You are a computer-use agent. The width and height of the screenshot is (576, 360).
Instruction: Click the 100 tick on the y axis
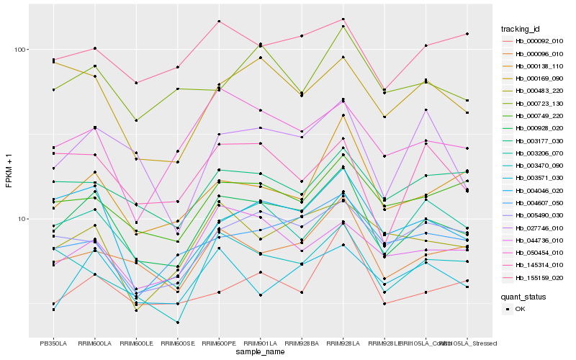pos(20,50)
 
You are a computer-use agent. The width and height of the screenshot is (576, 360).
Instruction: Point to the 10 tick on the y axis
pos(22,219)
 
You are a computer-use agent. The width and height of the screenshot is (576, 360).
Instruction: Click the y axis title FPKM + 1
pos(9,170)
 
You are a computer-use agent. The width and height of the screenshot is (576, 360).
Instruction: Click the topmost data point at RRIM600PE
pos(219,22)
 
